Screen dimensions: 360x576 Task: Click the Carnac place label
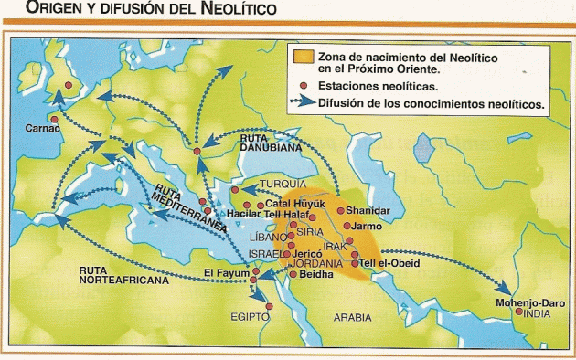pos(42,129)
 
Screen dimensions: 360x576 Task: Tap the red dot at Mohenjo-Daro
pos(519,312)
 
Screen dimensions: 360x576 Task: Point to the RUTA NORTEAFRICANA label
pos(124,276)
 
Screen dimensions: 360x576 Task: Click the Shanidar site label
pos(368,211)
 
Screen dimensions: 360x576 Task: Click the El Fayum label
pos(225,271)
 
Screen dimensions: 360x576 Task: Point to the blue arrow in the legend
pos(302,105)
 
